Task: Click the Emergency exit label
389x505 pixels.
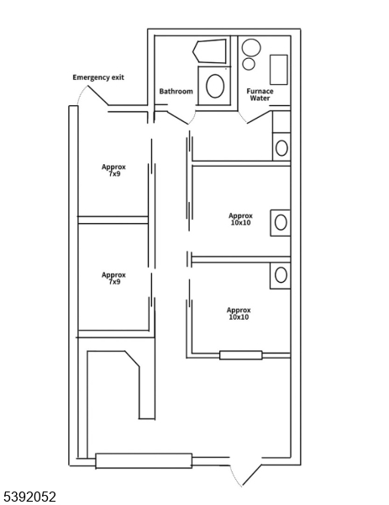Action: tap(98, 77)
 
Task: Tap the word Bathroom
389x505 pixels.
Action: tap(176, 92)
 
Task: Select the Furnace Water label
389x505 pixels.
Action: tap(260, 94)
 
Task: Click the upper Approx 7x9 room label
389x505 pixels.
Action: tap(113, 170)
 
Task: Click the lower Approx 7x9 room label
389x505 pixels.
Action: tap(113, 279)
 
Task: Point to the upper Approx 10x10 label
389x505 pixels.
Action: tap(240, 219)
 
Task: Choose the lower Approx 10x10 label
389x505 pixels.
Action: tap(239, 314)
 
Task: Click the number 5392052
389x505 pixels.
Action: tap(29, 497)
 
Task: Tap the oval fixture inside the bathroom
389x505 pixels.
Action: tap(215, 86)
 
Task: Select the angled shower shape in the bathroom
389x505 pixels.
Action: tap(210, 51)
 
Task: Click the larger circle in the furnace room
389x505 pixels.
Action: tap(250, 47)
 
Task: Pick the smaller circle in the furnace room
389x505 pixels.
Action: tap(249, 64)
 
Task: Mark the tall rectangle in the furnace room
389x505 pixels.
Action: tap(278, 69)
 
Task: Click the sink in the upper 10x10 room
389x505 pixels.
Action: tap(281, 222)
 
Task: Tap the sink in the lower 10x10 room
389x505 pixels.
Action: tap(281, 275)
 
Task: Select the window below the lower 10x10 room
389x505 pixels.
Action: tap(241, 355)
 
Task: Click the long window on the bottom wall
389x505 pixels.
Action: tap(144, 460)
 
